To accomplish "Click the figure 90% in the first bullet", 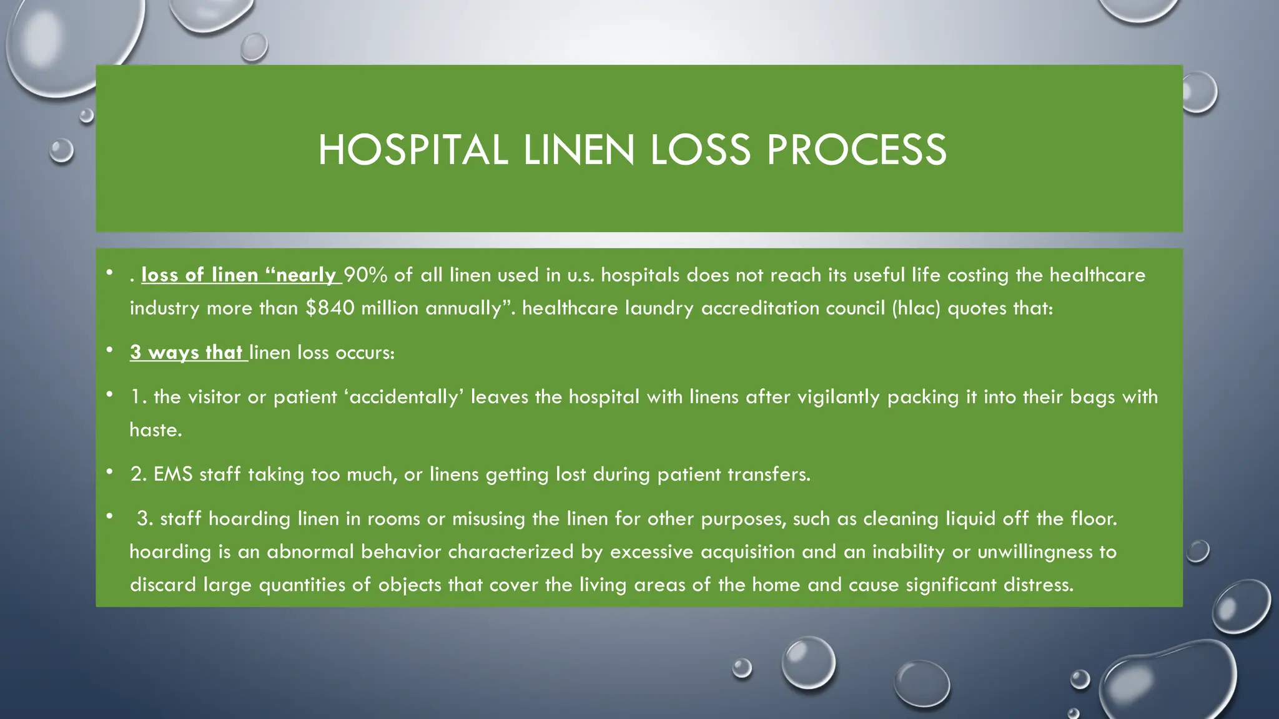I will tap(365, 275).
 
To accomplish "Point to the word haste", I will tap(154, 430).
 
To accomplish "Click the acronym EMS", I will tap(173, 474).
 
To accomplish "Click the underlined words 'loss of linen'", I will tap(200, 275).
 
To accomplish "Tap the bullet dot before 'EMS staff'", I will tap(109, 471).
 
